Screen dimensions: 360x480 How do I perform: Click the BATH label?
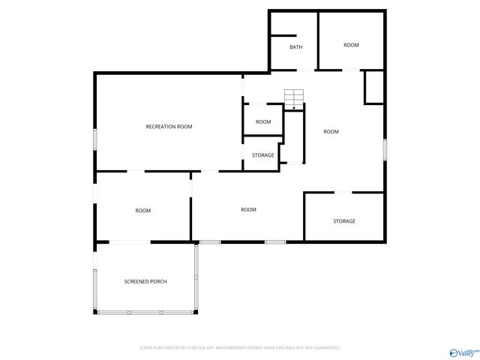pos(296,47)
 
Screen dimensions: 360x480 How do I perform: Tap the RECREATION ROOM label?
pos(169,127)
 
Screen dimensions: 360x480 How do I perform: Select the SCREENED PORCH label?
pos(145,281)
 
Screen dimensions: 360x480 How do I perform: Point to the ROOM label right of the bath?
pos(351,45)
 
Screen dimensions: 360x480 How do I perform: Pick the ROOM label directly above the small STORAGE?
pos(262,121)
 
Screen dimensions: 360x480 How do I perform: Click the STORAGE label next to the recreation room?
pos(262,155)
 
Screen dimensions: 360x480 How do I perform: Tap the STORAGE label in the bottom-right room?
pos(344,221)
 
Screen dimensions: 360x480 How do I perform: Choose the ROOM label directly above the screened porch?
pos(143,211)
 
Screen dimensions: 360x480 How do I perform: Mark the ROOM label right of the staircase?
pos(331,132)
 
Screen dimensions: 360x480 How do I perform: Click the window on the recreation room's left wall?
pos(94,140)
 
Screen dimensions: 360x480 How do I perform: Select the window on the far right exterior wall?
pos(385,148)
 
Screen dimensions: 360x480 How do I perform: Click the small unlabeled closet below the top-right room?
pos(373,87)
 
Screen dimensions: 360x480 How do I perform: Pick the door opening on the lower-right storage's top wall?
pos(342,193)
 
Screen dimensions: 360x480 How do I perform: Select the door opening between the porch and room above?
pos(130,241)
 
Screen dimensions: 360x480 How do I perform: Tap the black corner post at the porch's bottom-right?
pos(197,311)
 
